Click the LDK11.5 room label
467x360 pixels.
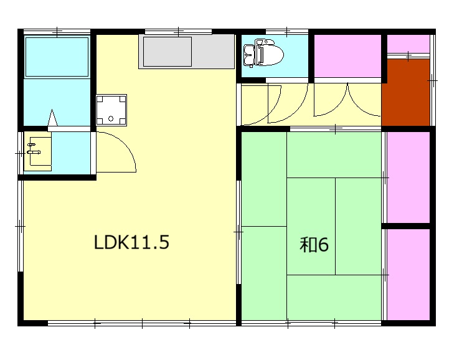click(131, 242)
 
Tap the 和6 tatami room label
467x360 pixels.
click(314, 245)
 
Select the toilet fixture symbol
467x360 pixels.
click(263, 53)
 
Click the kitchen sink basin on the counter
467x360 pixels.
click(167, 52)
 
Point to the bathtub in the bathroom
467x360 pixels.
click(57, 57)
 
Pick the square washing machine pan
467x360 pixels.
click(111, 110)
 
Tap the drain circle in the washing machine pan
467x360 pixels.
click(111, 119)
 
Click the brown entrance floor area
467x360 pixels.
click(405, 92)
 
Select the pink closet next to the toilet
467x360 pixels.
click(347, 56)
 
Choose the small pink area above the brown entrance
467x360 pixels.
click(408, 44)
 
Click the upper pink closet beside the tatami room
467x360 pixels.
click(408, 177)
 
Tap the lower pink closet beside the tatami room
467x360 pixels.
click(408, 274)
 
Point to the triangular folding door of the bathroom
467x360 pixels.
click(52, 118)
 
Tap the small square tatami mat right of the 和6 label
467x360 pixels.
click(358, 226)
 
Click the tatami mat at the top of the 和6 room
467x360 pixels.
click(334, 154)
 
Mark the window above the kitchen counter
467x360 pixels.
click(178, 32)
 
